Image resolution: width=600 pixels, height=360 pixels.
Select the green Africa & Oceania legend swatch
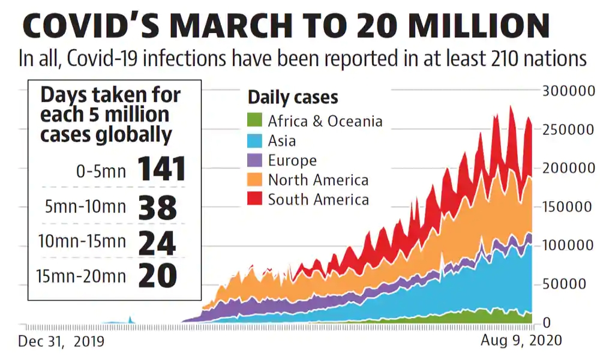[255, 121]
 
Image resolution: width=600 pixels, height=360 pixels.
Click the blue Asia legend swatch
[255, 140]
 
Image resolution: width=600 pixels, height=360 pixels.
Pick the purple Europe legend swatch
[255, 160]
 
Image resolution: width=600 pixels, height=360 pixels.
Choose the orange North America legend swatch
[255, 179]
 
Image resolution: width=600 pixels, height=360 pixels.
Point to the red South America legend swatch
[255, 199]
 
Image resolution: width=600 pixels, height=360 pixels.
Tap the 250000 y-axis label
[567, 130]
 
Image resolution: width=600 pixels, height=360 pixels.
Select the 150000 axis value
[567, 207]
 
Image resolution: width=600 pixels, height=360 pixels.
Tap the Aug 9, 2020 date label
[521, 340]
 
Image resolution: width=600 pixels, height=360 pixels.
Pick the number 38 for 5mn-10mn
[158, 207]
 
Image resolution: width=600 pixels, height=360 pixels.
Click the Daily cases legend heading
[293, 97]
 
